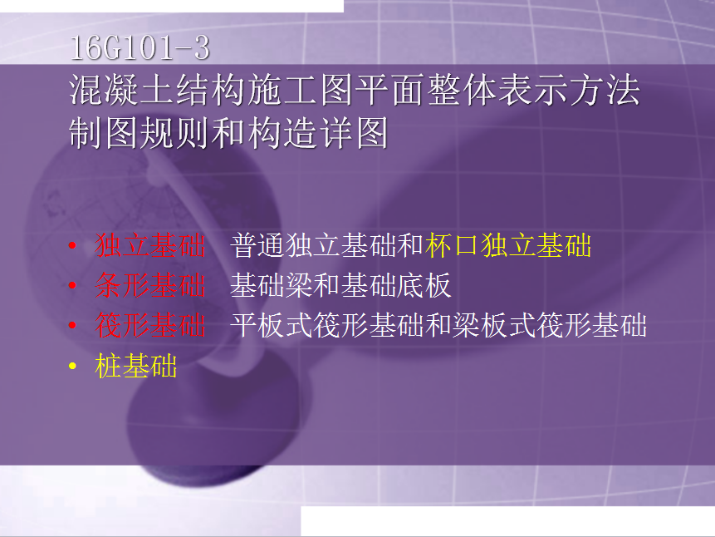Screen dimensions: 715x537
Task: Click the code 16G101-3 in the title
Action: pyautogui.click(x=140, y=48)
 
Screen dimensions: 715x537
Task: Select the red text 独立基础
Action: pyautogui.click(x=150, y=245)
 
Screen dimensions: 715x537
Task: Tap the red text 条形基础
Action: pyautogui.click(x=150, y=285)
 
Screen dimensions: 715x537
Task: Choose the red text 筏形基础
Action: pyautogui.click(x=150, y=326)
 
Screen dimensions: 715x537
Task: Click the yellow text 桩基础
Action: pyautogui.click(x=136, y=366)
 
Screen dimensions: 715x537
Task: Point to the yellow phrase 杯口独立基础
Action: pyautogui.click(x=508, y=245)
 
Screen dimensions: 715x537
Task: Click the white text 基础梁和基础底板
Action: pyautogui.click(x=340, y=285)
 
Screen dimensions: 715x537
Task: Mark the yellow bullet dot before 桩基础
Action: pyautogui.click(x=72, y=366)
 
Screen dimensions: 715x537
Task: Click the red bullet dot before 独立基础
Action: pyautogui.click(x=72, y=246)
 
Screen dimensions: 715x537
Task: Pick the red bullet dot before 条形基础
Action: pyautogui.click(x=72, y=285)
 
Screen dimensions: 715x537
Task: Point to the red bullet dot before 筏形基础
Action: pyautogui.click(x=72, y=325)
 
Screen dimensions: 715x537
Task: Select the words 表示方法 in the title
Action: pyautogui.click(x=569, y=90)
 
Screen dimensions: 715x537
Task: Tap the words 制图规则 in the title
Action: pyautogui.click(x=140, y=133)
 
